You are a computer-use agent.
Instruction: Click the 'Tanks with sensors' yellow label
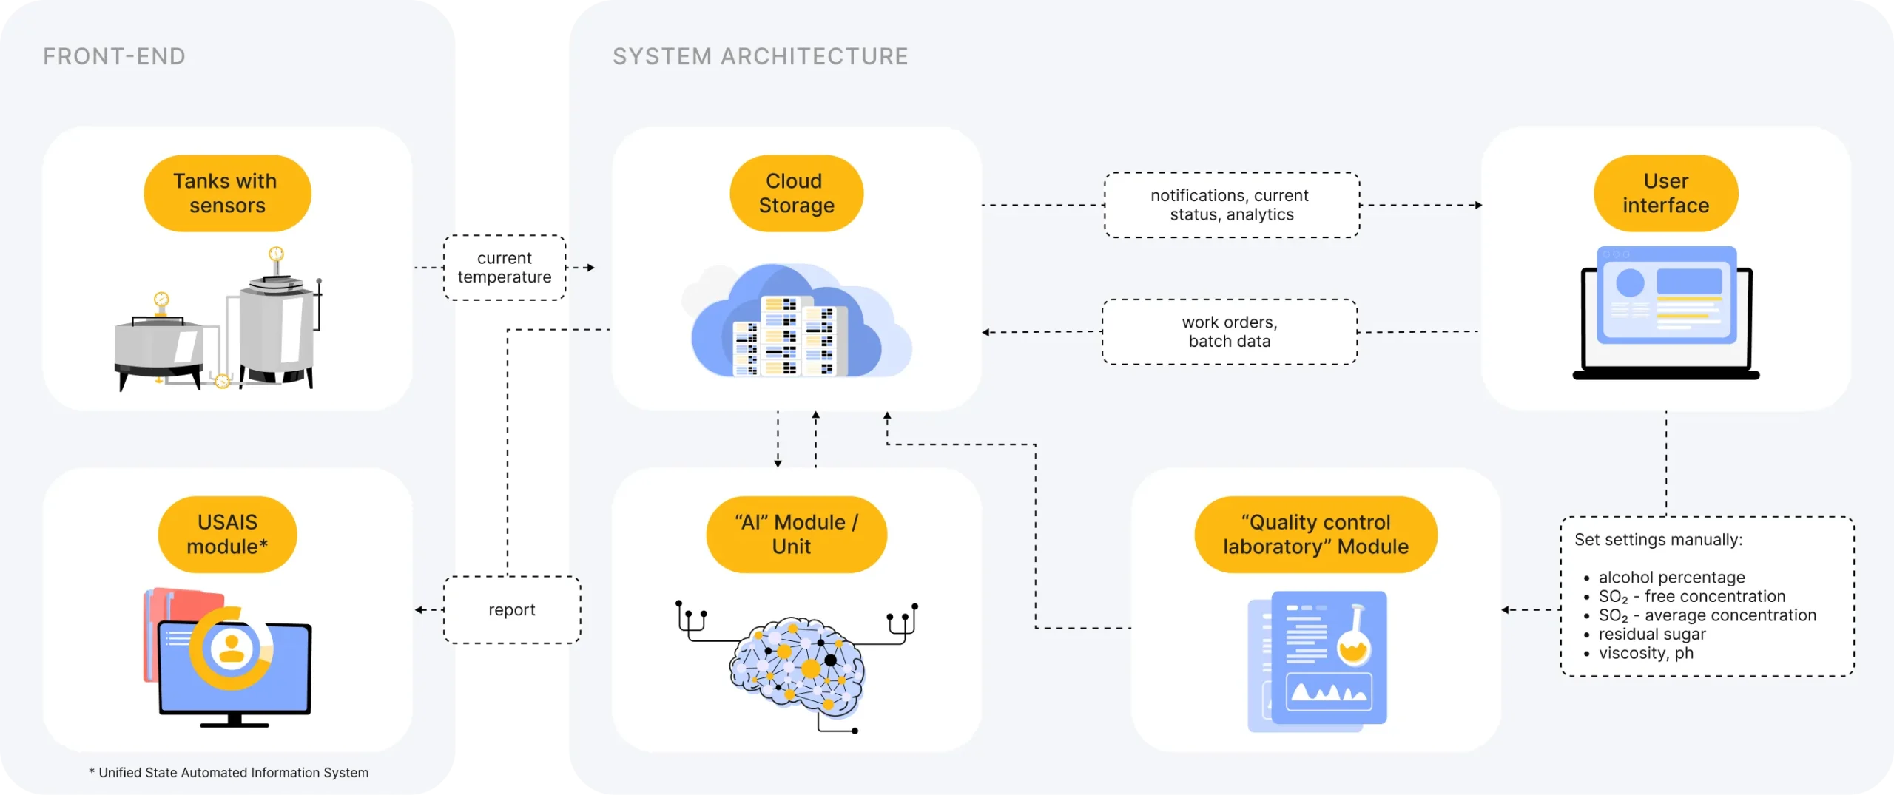pos(227,193)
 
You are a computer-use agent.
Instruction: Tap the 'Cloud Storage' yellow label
pos(796,193)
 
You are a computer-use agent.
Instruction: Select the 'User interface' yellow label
pos(1665,193)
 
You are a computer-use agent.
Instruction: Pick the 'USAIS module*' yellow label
pos(227,534)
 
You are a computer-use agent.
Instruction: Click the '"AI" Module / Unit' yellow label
pos(796,534)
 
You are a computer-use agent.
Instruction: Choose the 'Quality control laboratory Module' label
pos(1315,534)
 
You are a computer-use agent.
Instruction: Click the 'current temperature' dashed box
pos(505,268)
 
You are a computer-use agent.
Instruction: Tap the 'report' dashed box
pos(511,610)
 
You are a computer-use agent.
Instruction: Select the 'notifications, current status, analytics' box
pos(1231,205)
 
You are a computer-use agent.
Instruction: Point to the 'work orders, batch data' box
pos(1230,332)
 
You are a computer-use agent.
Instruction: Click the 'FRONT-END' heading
pos(114,56)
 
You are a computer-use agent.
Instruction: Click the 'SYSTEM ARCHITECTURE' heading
pos(760,56)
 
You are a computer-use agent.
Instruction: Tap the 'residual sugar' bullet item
pos(1651,635)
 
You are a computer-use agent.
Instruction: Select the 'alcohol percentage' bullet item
pos(1671,578)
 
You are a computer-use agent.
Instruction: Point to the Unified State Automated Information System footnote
pos(229,773)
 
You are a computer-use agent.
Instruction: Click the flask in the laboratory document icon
pos(1355,640)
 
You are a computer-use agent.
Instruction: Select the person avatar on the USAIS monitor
pos(232,649)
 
